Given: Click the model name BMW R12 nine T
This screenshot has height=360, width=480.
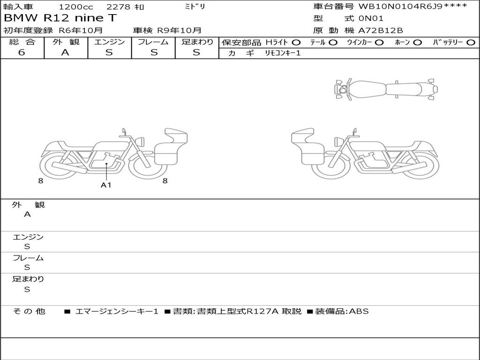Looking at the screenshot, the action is [x=60, y=18].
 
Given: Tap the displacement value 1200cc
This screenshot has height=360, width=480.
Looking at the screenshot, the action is [x=76, y=7].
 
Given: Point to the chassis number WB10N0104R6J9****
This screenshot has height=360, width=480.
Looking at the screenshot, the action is [x=413, y=6].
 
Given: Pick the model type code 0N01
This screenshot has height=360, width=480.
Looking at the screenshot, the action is [x=371, y=18].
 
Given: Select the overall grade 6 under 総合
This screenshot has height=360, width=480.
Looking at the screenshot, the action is [x=22, y=52].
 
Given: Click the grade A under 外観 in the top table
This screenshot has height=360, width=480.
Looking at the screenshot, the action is [x=65, y=52].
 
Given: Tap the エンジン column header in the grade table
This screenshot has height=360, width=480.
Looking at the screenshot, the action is [x=109, y=42].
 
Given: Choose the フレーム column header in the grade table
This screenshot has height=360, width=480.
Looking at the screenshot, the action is [x=153, y=42].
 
